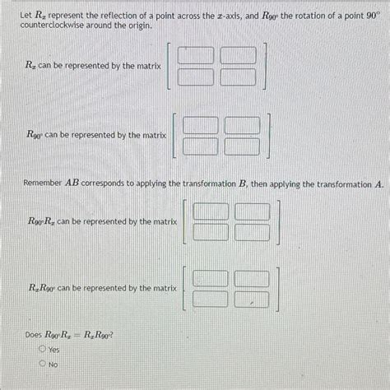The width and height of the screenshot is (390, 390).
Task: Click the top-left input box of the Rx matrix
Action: click(196, 56)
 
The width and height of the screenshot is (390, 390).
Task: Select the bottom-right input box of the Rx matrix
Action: click(238, 77)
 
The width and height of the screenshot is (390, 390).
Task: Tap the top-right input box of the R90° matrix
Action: click(241, 125)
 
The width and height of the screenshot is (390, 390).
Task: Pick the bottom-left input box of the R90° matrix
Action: click(200, 146)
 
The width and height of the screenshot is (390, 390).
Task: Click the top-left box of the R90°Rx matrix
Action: click(210, 211)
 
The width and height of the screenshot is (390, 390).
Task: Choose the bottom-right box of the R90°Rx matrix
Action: click(252, 232)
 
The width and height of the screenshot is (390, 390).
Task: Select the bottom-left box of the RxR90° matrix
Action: click(210, 299)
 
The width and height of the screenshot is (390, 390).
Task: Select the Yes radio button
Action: click(42, 350)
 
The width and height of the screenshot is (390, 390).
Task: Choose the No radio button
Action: click(42, 364)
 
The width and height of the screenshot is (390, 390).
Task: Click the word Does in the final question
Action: click(34, 336)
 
